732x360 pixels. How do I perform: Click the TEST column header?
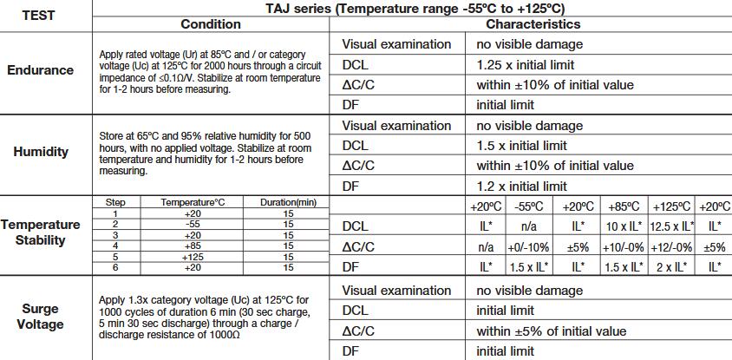[x=38, y=16]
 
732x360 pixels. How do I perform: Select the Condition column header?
[x=211, y=24]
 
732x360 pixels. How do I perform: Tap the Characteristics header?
[x=533, y=24]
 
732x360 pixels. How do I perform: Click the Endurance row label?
[x=40, y=70]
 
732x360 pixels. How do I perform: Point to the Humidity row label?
[x=41, y=152]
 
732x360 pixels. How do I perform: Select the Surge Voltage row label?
[x=40, y=316]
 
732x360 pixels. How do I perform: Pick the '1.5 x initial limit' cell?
[x=521, y=145]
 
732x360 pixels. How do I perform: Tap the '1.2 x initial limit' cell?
[x=521, y=187]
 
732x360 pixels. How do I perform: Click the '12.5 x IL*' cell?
[x=671, y=226]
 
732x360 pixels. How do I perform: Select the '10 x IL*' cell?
[x=624, y=226]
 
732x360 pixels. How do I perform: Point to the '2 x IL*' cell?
[x=671, y=267]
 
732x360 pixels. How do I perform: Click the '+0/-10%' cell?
[x=528, y=247]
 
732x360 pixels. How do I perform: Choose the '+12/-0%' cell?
[x=671, y=247]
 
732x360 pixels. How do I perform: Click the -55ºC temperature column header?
[x=528, y=206]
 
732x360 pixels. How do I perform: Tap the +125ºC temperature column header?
[x=671, y=206]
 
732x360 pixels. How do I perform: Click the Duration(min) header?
[x=288, y=203]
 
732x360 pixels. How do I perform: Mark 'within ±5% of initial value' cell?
[x=551, y=331]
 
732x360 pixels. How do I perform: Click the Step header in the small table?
[x=115, y=203]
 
